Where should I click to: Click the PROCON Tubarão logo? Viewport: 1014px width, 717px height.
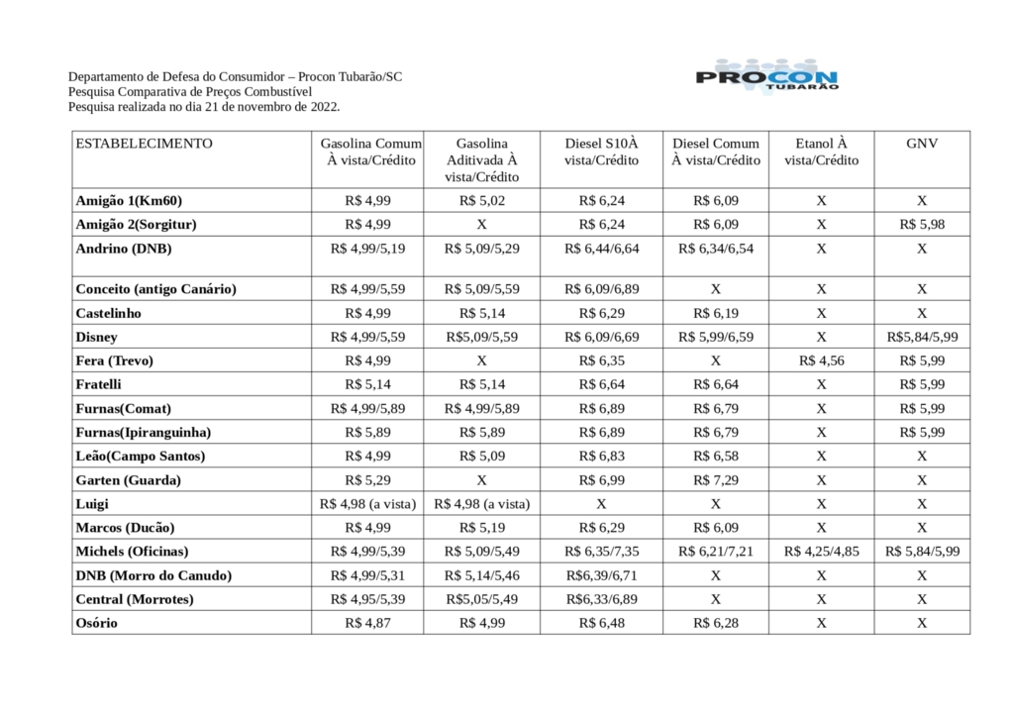tap(768, 78)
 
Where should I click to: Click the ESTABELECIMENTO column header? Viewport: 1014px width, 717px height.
tap(144, 144)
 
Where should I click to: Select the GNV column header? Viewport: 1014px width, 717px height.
tap(921, 144)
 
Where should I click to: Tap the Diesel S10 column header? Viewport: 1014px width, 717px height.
tap(601, 152)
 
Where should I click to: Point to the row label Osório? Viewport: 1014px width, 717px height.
tap(96, 623)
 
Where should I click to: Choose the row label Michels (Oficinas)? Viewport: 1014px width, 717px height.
tap(132, 552)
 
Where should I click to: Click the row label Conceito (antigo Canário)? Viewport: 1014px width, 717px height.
tap(155, 289)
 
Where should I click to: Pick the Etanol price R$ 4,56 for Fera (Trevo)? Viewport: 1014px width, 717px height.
tap(821, 360)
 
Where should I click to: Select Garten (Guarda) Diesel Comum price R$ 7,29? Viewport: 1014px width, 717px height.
tap(715, 480)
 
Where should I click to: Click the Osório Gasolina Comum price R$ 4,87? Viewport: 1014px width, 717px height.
tap(367, 623)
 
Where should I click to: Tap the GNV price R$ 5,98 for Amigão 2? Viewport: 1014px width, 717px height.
tap(922, 225)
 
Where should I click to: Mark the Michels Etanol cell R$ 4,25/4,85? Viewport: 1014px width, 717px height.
tap(821, 552)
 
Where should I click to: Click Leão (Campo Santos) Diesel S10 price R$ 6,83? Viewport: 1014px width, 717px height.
tap(601, 457)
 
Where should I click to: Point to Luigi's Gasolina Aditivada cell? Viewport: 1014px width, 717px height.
tap(482, 504)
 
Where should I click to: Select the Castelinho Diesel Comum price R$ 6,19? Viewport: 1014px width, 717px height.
tap(715, 313)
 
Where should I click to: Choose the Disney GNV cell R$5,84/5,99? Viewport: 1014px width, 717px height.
tap(922, 337)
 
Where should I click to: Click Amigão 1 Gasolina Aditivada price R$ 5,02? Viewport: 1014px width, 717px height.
tap(482, 201)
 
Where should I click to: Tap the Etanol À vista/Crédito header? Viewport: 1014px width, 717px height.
tap(821, 152)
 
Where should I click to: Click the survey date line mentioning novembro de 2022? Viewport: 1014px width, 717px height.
tap(204, 106)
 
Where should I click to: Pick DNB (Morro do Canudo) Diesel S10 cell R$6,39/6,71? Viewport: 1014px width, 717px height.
tap(601, 575)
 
